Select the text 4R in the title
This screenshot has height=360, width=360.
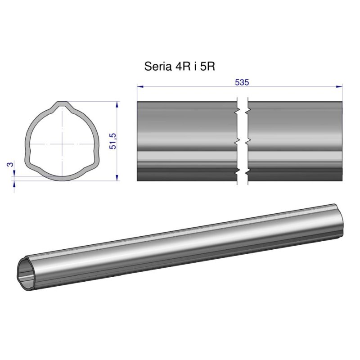click(180, 67)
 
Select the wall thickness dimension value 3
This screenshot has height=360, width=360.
click(9, 165)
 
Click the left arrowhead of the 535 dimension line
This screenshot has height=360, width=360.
click(139, 86)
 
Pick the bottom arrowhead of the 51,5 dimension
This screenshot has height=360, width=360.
click(117, 178)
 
